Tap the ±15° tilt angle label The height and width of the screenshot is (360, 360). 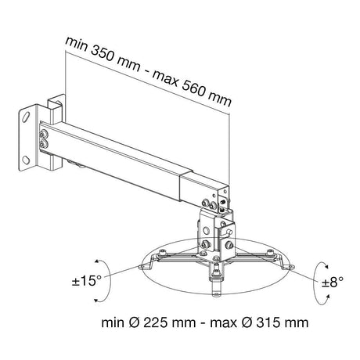coord(87,281)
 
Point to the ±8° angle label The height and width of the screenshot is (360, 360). coord(333,283)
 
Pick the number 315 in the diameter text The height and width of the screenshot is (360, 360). coord(268,322)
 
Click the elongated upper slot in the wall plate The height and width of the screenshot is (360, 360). coord(26,116)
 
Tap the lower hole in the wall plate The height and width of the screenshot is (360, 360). coord(26,160)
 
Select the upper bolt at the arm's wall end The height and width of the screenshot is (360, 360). coord(43,135)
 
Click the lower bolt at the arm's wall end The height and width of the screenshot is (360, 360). coord(43,144)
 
